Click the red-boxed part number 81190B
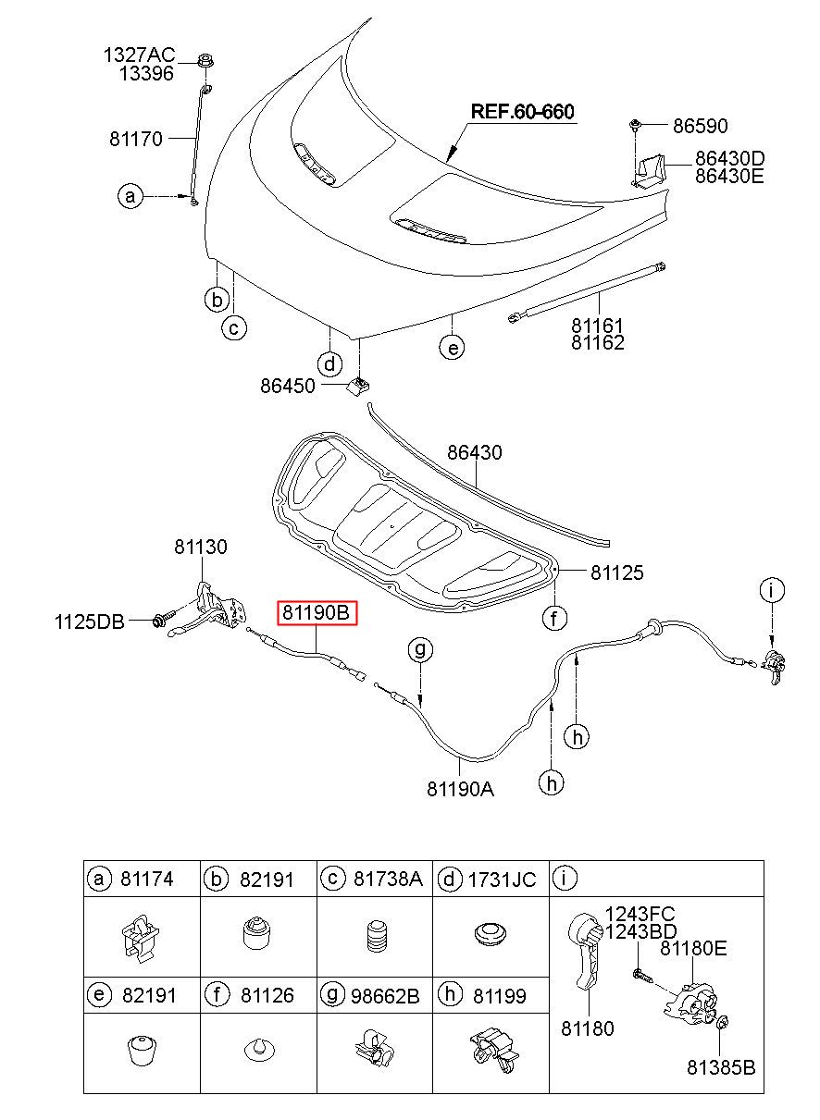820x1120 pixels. click(x=317, y=612)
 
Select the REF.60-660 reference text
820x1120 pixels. click(x=522, y=111)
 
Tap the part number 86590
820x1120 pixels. click(x=700, y=126)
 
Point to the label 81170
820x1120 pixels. click(x=136, y=139)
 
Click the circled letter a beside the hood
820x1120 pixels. click(x=130, y=195)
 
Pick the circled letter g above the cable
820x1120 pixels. click(x=420, y=649)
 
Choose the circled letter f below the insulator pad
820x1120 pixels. click(x=554, y=619)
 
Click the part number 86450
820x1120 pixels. click(x=288, y=386)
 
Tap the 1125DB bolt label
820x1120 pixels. click(x=89, y=622)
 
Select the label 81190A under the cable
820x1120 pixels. click(x=460, y=789)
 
